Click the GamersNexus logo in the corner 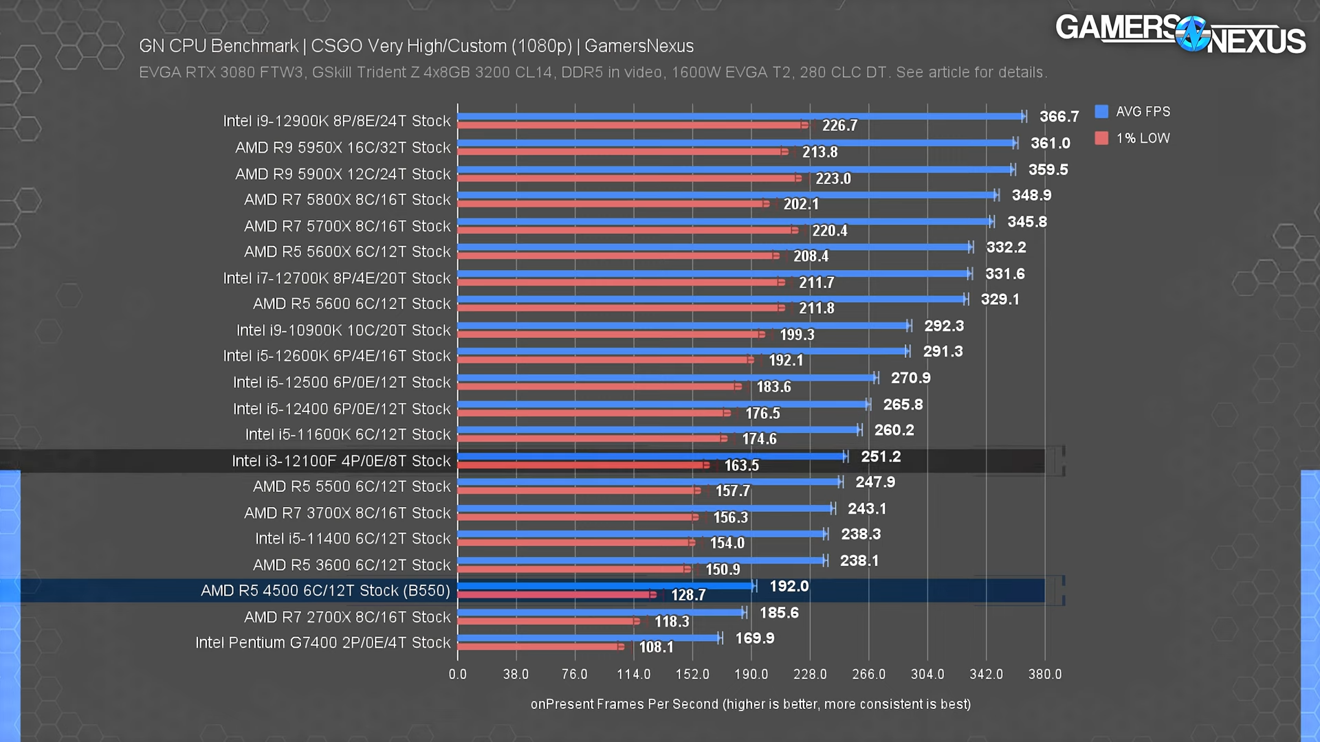tap(1180, 34)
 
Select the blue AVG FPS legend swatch tap(1101, 111)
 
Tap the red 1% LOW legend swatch tap(1101, 138)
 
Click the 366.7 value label tap(1059, 117)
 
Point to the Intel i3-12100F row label tap(341, 461)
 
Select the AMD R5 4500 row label tap(325, 591)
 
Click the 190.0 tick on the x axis tap(751, 674)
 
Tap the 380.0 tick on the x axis tap(1044, 674)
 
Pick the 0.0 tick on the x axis tap(457, 674)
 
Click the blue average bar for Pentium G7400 tap(588, 638)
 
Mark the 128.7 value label tap(688, 595)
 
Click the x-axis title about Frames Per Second tap(750, 704)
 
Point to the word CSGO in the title tap(336, 46)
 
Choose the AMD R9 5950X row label tap(342, 148)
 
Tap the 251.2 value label tap(881, 457)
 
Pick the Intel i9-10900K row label tap(343, 330)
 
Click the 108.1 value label tap(656, 647)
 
